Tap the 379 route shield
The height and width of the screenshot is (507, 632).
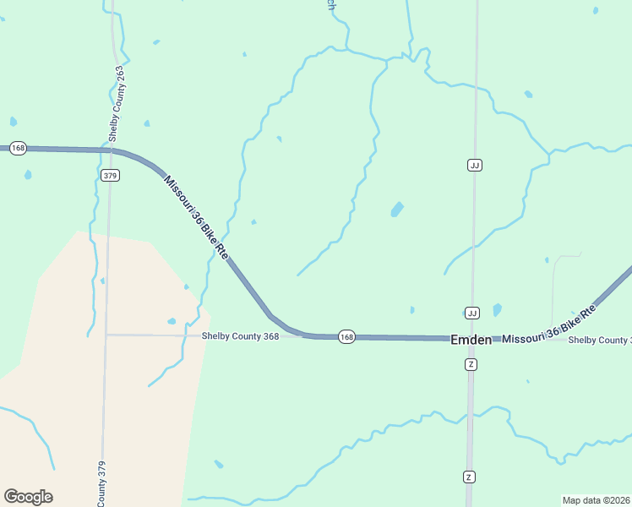tap(110, 176)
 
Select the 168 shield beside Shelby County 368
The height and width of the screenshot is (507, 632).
tap(346, 336)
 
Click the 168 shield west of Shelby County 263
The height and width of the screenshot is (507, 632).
tap(19, 148)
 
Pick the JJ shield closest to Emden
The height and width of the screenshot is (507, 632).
tap(472, 313)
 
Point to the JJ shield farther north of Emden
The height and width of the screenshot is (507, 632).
tap(475, 165)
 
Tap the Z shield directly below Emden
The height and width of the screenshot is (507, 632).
tap(471, 364)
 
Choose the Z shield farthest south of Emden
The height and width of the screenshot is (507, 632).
tap(469, 477)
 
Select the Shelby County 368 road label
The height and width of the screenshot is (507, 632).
tap(240, 335)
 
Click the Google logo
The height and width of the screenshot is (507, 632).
tap(28, 497)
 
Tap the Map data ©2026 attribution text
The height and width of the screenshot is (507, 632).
tap(597, 500)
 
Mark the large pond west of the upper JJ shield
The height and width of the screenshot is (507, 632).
tap(397, 209)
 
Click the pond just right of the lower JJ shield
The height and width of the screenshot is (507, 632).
tap(497, 309)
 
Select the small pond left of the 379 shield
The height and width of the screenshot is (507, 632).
tap(28, 175)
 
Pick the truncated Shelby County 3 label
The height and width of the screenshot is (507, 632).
tap(599, 341)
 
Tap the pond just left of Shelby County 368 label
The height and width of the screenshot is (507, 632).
tap(172, 321)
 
